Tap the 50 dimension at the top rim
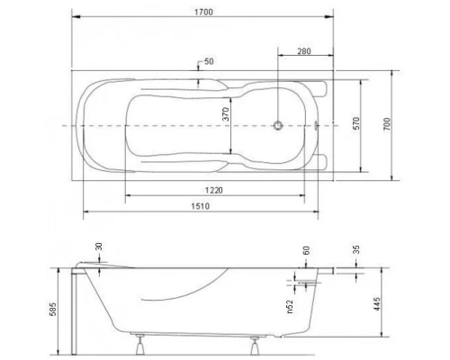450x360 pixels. (210, 62)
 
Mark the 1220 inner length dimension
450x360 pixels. (213, 191)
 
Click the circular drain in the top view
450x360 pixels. (281, 126)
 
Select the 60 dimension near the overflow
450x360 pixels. (308, 251)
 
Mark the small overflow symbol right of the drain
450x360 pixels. (317, 126)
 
